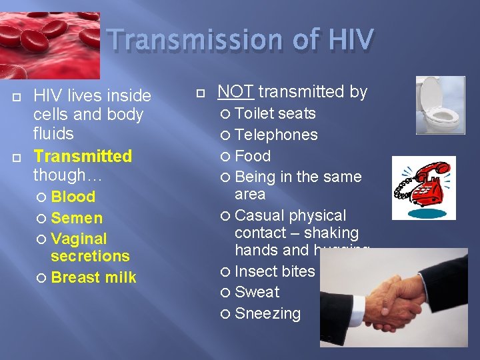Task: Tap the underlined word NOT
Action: tap(236, 91)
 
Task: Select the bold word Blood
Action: tap(73, 197)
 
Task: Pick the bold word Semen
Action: tap(77, 218)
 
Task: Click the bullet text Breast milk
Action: tap(93, 277)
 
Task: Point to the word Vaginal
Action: tap(79, 239)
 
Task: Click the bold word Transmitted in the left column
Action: tap(83, 156)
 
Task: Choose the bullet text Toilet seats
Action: tap(275, 113)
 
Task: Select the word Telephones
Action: tap(277, 135)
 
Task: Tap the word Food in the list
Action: tap(253, 156)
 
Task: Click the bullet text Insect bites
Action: tap(275, 271)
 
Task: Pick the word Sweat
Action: tap(257, 292)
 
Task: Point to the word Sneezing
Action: tap(268, 313)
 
